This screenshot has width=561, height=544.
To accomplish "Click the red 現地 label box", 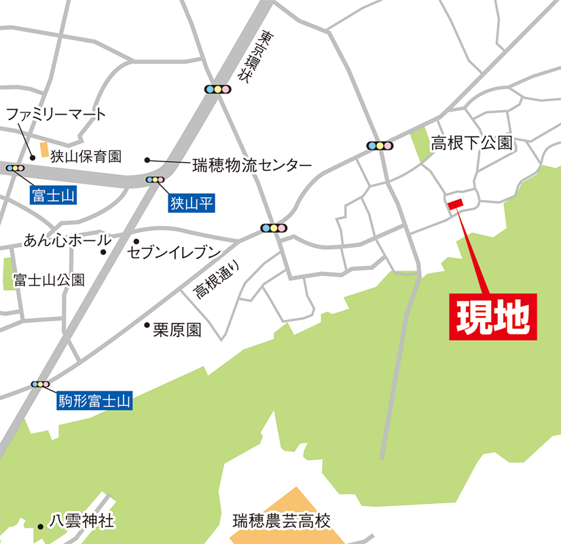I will point(493,316).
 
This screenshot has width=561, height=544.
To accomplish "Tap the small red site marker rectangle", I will point(454,202).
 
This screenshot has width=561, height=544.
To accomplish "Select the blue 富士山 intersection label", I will point(53,197).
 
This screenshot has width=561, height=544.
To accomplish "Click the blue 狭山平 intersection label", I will point(192,201).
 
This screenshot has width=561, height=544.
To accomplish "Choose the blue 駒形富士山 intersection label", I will point(93,402).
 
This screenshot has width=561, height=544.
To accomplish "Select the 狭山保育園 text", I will point(86,157).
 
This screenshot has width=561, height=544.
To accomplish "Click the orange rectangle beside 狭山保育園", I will point(44,150).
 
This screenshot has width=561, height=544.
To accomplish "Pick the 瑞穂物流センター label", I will point(251,165).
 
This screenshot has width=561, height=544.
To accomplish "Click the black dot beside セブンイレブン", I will point(136,241).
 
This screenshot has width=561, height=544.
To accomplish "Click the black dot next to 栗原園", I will point(146,325).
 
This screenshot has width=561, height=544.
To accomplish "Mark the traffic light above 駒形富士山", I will point(40,385).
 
